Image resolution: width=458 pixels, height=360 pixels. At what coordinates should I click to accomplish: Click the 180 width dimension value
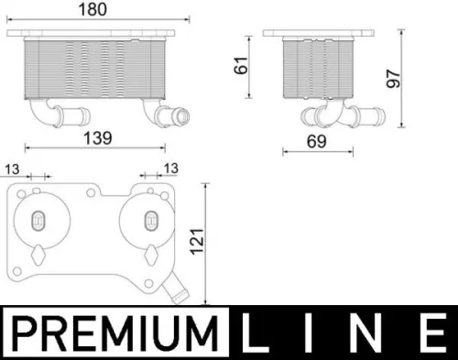pos(99,9)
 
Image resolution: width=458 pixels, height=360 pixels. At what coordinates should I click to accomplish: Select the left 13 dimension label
pos(13,169)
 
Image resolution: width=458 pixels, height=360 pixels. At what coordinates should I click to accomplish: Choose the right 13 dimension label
pos(169,169)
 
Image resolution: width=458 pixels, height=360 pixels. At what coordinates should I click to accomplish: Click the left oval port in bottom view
pos(38,220)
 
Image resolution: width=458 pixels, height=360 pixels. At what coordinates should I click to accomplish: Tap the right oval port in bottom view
pos(151,220)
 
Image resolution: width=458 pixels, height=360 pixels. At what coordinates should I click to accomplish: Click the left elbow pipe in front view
pos(46,114)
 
